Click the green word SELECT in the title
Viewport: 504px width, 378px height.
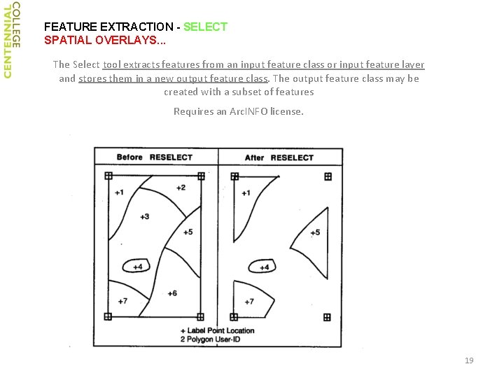pos(205,27)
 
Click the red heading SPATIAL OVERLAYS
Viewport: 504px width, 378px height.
pos(105,40)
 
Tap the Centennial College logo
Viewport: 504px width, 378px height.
pos(12,40)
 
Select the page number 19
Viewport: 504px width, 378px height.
pos(469,360)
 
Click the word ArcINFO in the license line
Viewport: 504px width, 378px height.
pos(248,111)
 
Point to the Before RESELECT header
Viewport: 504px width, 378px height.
pos(154,157)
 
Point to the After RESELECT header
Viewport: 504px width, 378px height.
pos(279,157)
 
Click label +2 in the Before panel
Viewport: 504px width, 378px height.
pos(181,188)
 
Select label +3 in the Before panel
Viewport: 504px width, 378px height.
pos(145,216)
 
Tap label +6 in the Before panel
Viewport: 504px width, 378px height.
pos(172,293)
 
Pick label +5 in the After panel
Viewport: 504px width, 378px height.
pos(315,232)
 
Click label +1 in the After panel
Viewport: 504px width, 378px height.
pos(246,193)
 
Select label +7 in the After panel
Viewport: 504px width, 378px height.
pos(249,302)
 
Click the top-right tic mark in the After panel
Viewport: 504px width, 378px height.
pos(328,176)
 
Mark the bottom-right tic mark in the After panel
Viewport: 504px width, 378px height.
pos(327,318)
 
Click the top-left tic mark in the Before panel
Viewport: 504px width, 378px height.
pos(108,176)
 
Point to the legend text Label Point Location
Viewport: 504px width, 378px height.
pos(220,330)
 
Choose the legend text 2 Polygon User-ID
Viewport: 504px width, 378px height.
pos(210,339)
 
